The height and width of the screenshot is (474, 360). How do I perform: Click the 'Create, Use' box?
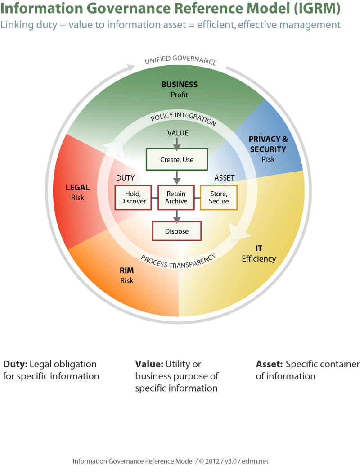pos(176,159)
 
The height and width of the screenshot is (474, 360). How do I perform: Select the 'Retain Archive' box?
pos(176,197)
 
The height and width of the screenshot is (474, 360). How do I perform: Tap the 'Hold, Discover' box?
pos(133,197)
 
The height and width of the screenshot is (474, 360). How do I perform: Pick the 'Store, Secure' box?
pos(219,197)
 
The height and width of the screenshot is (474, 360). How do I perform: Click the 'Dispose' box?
pos(176,231)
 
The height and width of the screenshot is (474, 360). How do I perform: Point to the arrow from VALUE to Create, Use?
pos(177,144)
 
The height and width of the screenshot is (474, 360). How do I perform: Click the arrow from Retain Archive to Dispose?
pos(176,216)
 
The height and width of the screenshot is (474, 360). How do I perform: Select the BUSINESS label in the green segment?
pos(179,84)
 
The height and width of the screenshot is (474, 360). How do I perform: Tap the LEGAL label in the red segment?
pos(77,188)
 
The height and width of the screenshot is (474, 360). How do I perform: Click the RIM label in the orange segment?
pos(127,271)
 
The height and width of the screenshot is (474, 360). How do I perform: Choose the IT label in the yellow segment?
pos(259,248)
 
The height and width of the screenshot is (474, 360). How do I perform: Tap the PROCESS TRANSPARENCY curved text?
pos(178,262)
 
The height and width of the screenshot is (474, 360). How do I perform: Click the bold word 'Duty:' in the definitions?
pos(15,364)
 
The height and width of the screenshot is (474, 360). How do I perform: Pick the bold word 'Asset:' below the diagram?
pos(269,364)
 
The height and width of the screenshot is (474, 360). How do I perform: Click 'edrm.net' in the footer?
pos(255,461)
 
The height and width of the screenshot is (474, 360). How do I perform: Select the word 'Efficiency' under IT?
pos(259,259)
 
